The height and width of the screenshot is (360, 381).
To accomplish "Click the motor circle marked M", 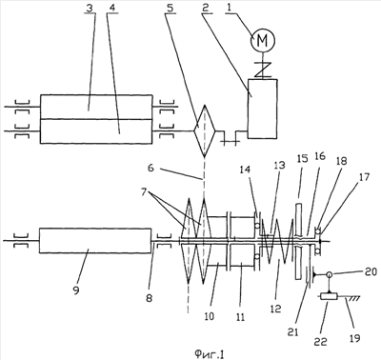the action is [x=263, y=40].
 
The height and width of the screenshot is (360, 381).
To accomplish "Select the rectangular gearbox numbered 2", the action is [x=263, y=109].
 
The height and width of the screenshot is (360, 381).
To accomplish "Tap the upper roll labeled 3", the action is [x=96, y=107].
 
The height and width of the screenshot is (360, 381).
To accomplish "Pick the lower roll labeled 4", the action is [x=96, y=131].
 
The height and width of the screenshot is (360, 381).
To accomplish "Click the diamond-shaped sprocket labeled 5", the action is [x=205, y=131].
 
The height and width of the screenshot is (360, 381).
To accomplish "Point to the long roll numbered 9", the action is [x=95, y=240].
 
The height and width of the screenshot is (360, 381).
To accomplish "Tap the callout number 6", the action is [x=151, y=168].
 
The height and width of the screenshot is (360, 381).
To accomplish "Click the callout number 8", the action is [x=149, y=298].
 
